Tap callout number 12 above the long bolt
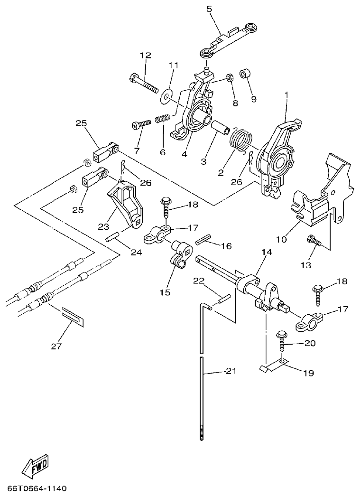(x=145, y=56)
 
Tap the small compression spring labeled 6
(x=163, y=119)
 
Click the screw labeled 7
(x=141, y=124)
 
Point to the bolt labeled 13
(x=314, y=241)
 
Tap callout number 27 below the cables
(x=56, y=346)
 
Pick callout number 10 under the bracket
(x=282, y=239)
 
